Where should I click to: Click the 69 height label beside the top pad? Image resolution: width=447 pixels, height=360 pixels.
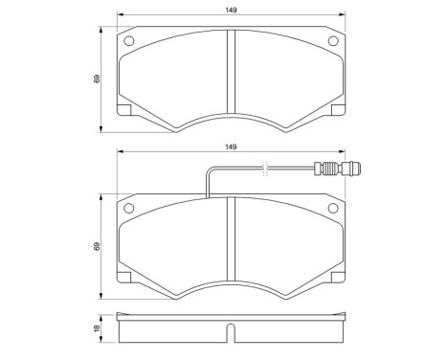pyautogui.click(x=98, y=79)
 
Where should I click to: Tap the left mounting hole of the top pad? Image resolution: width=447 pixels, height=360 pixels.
pyautogui.click(x=130, y=41)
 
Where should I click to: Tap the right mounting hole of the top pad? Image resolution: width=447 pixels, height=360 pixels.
pyautogui.click(x=332, y=41)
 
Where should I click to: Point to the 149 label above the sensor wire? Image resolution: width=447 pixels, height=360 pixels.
pyautogui.click(x=230, y=147)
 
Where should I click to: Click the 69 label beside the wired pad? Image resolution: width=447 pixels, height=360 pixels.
pyautogui.click(x=98, y=246)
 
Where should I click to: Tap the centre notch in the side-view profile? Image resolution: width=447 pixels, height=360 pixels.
pyautogui.click(x=230, y=334)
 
